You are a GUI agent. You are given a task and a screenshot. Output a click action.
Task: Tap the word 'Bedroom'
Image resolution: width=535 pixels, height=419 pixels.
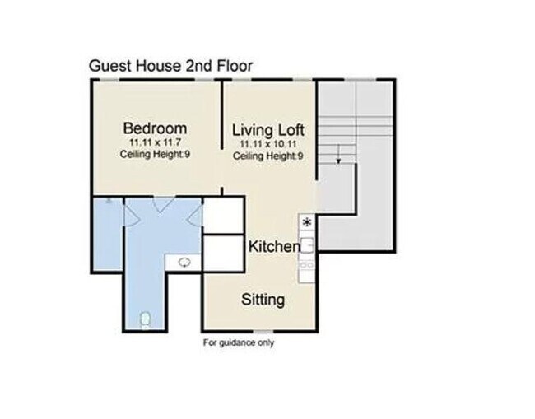[155, 128]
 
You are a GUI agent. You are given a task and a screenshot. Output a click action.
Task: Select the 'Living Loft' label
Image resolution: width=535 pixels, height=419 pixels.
[268, 130]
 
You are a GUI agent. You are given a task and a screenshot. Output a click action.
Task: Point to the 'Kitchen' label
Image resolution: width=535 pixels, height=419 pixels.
[274, 246]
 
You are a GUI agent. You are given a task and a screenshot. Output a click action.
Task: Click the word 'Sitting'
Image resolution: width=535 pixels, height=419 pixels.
[263, 299]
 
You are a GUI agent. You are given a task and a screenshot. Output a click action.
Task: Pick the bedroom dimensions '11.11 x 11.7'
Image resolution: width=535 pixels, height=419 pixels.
[155, 143]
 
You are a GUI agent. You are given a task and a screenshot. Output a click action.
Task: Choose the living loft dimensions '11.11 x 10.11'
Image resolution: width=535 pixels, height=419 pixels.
[268, 144]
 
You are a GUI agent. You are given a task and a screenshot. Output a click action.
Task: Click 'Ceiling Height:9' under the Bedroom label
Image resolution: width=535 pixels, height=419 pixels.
[155, 155]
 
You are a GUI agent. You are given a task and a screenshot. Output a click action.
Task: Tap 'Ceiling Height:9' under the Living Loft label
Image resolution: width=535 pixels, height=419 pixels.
[268, 156]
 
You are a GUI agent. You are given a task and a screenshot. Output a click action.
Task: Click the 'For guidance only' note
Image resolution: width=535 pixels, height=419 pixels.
[239, 342]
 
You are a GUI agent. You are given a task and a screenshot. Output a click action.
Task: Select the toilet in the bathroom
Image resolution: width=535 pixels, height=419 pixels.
[146, 318]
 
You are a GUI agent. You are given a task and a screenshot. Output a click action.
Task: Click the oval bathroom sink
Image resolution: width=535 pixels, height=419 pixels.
[185, 262]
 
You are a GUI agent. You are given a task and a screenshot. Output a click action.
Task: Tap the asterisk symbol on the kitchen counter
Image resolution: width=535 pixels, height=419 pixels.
[307, 222]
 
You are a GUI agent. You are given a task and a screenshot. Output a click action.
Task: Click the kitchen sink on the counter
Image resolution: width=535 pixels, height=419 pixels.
[307, 244]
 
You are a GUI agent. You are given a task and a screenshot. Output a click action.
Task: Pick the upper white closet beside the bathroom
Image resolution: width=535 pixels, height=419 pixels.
[223, 215]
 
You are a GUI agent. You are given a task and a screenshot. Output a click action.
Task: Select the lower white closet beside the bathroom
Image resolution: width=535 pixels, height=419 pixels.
[223, 253]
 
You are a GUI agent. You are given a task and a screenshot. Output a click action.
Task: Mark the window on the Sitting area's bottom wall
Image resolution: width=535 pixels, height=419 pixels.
[263, 332]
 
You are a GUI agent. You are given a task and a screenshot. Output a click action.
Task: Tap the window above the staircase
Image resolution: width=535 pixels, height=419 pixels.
[361, 80]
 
